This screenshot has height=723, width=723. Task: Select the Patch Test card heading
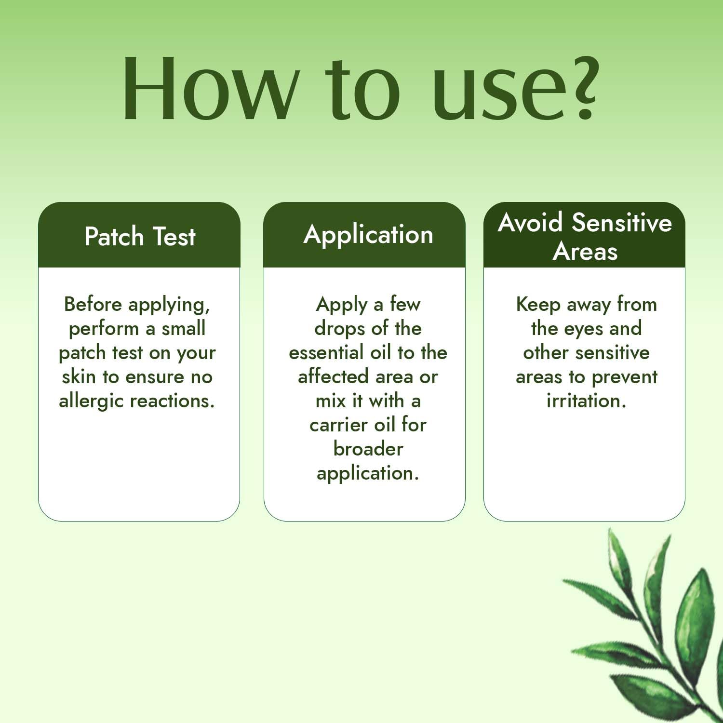[140, 237]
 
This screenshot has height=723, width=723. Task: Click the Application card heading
[368, 235]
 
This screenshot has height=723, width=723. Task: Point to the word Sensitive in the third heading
[622, 223]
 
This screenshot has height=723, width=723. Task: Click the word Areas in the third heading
[585, 251]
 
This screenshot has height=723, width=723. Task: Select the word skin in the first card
[79, 376]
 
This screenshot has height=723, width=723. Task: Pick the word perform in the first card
[104, 329]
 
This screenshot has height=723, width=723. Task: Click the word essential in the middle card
[326, 352]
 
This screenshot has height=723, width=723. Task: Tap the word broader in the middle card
[368, 449]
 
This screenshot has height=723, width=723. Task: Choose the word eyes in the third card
[584, 329]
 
